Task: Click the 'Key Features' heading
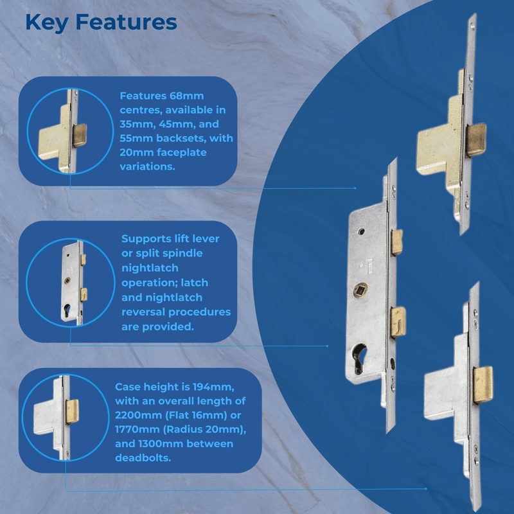click(x=101, y=22)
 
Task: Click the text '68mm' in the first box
click(x=186, y=96)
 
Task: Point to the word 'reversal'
click(x=147, y=312)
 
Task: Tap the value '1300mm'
click(x=177, y=443)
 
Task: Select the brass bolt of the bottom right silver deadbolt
click(x=483, y=385)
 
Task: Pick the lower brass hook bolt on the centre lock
click(x=398, y=321)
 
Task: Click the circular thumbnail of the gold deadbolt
click(x=62, y=131)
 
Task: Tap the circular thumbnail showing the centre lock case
click(x=62, y=283)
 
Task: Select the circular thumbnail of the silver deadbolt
click(x=62, y=420)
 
